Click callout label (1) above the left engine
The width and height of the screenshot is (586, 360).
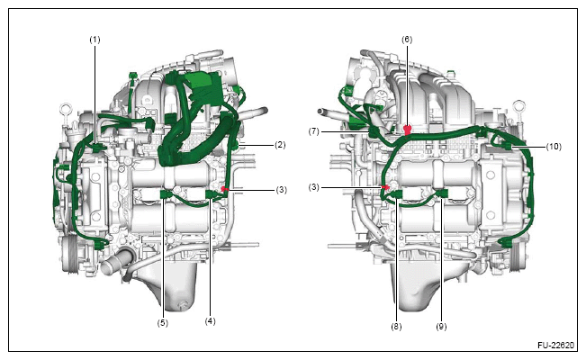pyautogui.click(x=95, y=40)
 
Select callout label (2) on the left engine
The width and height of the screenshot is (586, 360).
pyautogui.click(x=280, y=145)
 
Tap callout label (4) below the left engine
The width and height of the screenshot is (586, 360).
pyautogui.click(x=210, y=320)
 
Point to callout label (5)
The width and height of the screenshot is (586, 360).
pyautogui.click(x=162, y=322)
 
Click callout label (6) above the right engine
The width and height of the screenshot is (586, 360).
pyautogui.click(x=407, y=40)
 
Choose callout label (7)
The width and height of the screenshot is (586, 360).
pyautogui.click(x=314, y=131)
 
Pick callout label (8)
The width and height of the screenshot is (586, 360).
pyautogui.click(x=396, y=327)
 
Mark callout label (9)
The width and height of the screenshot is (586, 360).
pyautogui.click(x=441, y=327)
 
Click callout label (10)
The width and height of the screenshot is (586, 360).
pyautogui.click(x=554, y=147)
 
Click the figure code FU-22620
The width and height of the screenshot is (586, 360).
pyautogui.click(x=555, y=345)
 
